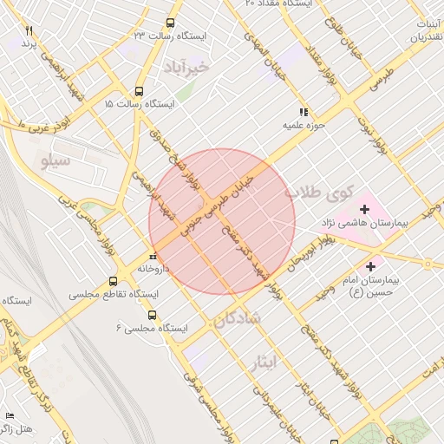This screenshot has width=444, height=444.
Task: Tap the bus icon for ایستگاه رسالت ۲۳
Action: click(169, 23)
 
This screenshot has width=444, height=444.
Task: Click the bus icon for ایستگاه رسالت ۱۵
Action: click(139, 91)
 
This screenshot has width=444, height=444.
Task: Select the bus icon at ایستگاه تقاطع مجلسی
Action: click(112, 282)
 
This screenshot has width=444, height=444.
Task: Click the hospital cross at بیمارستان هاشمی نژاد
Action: click(364, 209)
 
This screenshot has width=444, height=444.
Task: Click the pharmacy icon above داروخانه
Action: click(153, 256)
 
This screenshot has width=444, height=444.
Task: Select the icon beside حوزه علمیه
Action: click(303, 112)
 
